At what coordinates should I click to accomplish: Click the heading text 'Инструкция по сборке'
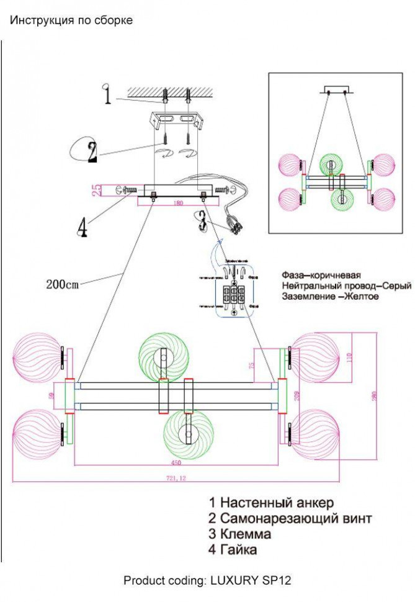tap(71, 20)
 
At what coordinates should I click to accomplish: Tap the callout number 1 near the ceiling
tap(107, 96)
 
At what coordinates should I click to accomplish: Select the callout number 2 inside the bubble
tap(92, 151)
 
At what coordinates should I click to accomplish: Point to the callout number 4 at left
tap(82, 228)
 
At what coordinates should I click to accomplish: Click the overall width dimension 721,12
tap(176, 478)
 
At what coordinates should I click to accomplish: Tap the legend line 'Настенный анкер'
tap(270, 502)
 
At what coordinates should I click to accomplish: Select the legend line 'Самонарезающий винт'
tap(290, 518)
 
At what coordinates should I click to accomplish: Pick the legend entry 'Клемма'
tap(239, 534)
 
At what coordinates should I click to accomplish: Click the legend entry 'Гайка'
tap(233, 550)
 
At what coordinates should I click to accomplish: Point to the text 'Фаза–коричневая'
tap(321, 274)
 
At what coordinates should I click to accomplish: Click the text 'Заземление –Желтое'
tap(329, 297)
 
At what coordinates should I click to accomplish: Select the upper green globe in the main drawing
tap(163, 356)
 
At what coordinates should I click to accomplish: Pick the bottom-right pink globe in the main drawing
tap(316, 434)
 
